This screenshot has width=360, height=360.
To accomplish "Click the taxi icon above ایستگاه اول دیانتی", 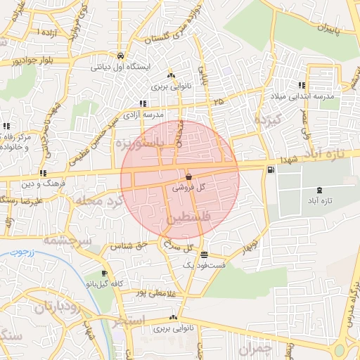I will coord(121,56).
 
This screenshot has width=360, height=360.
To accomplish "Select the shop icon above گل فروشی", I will coord(188,176).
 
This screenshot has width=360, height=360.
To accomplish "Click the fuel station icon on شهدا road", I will coord(271,170).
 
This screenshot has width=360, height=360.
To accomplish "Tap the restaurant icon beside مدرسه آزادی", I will coord(143,103).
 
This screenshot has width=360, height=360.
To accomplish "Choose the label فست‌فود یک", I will coord(204,265).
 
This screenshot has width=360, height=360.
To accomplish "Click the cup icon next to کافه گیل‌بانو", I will coord(105,274).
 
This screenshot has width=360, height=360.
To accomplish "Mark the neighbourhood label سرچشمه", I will coord(67,240).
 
